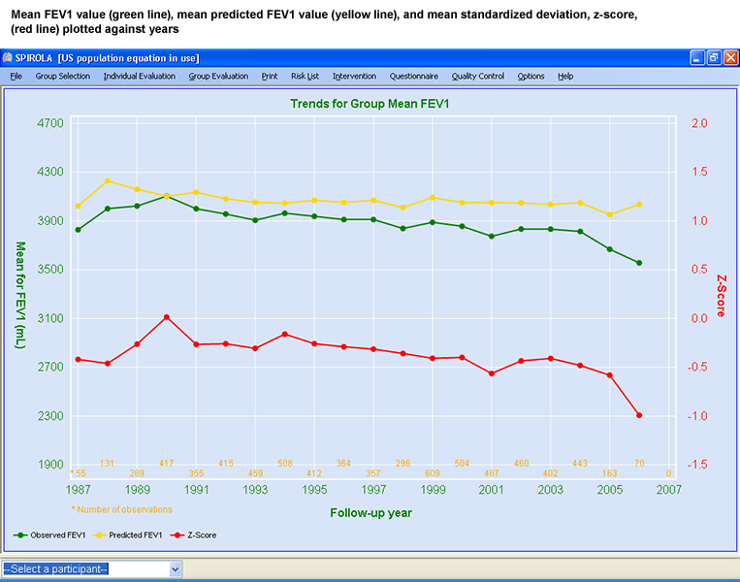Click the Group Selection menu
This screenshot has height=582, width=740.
point(62,76)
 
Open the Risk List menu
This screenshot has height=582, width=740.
point(305,76)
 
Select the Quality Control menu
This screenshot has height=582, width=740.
point(477,76)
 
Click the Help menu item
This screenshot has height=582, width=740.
point(565,76)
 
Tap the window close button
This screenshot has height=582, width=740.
point(728,57)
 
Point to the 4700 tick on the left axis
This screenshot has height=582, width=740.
point(49,123)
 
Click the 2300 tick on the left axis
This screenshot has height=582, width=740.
point(49,416)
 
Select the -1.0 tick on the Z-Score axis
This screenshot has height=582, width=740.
point(698,416)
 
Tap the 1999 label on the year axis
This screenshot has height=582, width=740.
point(434,490)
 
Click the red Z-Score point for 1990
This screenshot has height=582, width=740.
point(167,317)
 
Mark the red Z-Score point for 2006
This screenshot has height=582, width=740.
point(639,415)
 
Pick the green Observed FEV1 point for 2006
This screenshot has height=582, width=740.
point(639,263)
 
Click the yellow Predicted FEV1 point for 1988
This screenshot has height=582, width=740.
point(108,181)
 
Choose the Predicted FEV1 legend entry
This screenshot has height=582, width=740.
point(132,534)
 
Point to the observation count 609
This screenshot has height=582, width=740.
point(434,473)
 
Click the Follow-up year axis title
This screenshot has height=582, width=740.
point(370,512)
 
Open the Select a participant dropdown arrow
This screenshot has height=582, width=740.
point(176,569)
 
